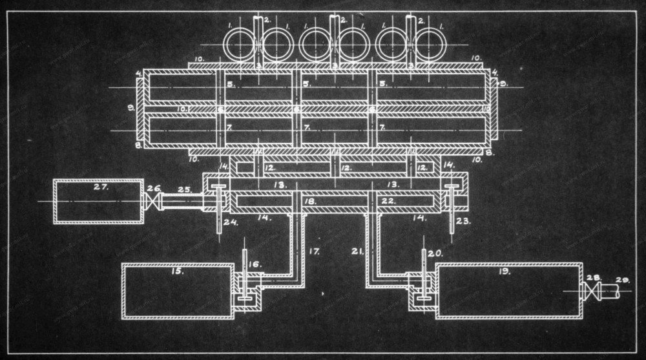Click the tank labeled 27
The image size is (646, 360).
(98, 202)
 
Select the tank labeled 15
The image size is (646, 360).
(178, 291)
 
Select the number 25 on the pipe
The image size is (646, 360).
(184, 189)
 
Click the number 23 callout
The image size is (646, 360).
(464, 220)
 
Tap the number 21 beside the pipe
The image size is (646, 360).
(359, 249)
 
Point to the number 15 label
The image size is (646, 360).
(178, 271)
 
